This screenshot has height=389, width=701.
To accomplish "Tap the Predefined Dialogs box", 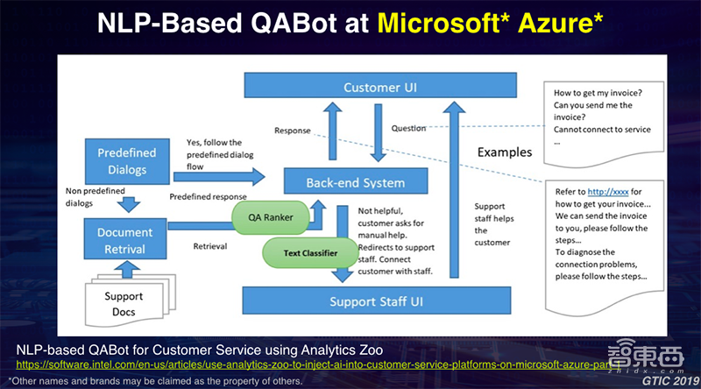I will pos(128,159).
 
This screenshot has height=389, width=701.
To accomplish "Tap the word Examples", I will pos(504,152).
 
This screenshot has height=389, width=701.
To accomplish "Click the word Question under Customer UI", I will pos(409,129).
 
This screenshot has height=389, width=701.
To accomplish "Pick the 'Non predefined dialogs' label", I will pos(90,196).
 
